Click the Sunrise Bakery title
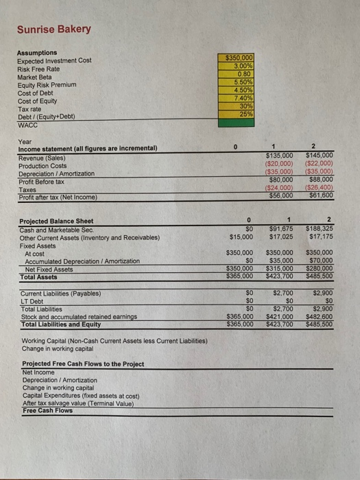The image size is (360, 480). tap(53, 29)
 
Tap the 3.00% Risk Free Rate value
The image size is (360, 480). tap(235, 67)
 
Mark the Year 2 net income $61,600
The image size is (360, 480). tap(319, 195)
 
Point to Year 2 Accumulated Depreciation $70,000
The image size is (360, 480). tap(318, 261)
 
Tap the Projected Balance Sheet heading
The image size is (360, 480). tap(56, 221)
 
